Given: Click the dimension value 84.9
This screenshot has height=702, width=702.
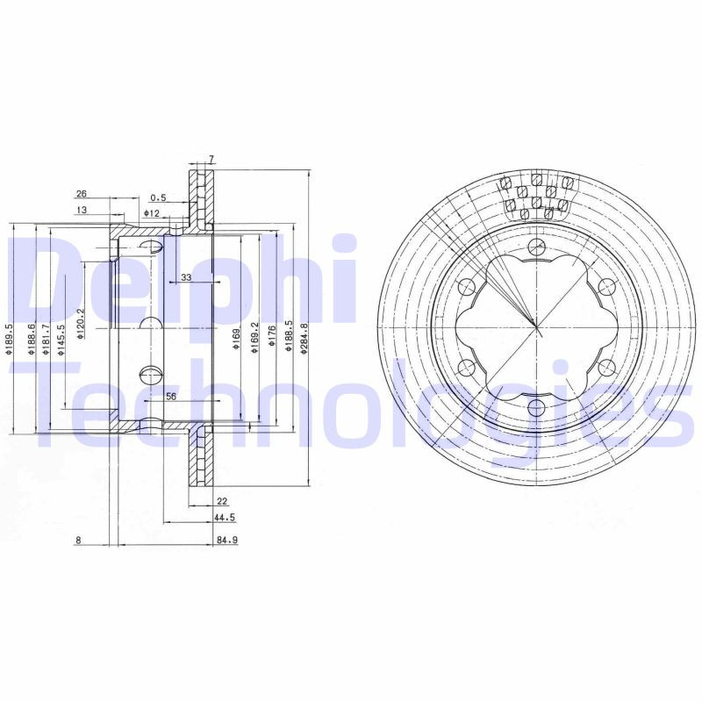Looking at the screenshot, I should click(226, 541).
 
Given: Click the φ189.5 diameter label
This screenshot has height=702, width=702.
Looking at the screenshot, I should click(8, 340).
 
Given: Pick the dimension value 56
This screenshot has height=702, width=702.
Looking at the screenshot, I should click(171, 397).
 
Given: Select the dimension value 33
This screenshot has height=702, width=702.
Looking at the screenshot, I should click(185, 277).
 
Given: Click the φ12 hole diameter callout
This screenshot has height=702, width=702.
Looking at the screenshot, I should click(151, 213).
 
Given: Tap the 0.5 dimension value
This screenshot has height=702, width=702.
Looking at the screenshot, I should click(158, 197).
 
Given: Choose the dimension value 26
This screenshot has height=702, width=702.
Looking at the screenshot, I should click(81, 193).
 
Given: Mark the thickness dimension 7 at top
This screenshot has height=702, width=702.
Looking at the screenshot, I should click(211, 159).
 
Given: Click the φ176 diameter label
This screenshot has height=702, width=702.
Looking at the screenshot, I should click(273, 336).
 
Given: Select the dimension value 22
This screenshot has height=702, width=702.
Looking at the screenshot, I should click(222, 502).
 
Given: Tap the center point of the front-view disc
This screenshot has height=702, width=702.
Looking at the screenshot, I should click(536, 326).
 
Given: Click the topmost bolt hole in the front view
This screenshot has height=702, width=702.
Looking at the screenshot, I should click(536, 246).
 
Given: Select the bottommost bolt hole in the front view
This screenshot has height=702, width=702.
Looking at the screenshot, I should click(536, 406).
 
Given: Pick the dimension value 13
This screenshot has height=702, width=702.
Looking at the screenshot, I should click(81, 210).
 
